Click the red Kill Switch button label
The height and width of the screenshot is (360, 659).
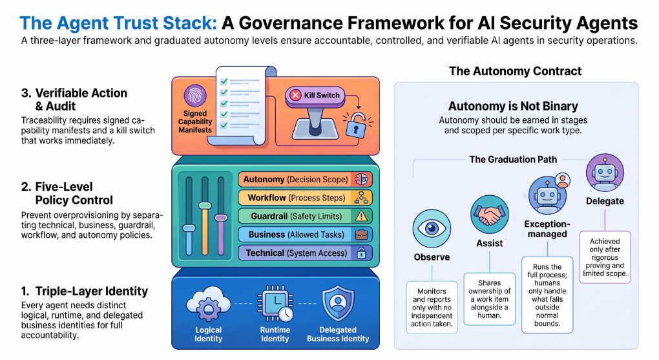point(315,96)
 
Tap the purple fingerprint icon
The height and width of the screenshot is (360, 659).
point(195,96)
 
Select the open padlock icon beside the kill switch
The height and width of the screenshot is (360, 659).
point(357,125)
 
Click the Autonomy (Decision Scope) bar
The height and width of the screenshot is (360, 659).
point(305,180)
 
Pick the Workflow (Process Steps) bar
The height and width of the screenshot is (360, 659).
point(305,198)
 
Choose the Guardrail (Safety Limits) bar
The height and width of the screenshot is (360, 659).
point(305,216)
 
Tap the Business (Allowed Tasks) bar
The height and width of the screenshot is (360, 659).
point(305,235)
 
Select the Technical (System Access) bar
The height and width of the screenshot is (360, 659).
point(305,253)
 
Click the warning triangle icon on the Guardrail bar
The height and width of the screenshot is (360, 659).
point(361,217)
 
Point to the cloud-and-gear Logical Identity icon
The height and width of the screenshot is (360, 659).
point(208,304)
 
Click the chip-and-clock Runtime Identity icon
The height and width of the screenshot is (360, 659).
point(275,304)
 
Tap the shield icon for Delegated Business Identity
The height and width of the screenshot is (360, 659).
point(338,302)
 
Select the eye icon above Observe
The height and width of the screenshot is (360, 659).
point(432,229)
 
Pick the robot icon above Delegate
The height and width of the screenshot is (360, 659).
point(605,173)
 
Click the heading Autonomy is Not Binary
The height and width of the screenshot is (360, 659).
point(513,106)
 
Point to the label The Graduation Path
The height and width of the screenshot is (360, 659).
point(513,160)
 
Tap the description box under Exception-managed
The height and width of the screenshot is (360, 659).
point(547,295)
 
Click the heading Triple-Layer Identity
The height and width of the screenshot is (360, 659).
point(92,291)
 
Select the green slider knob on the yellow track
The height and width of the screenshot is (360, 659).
point(205,206)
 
